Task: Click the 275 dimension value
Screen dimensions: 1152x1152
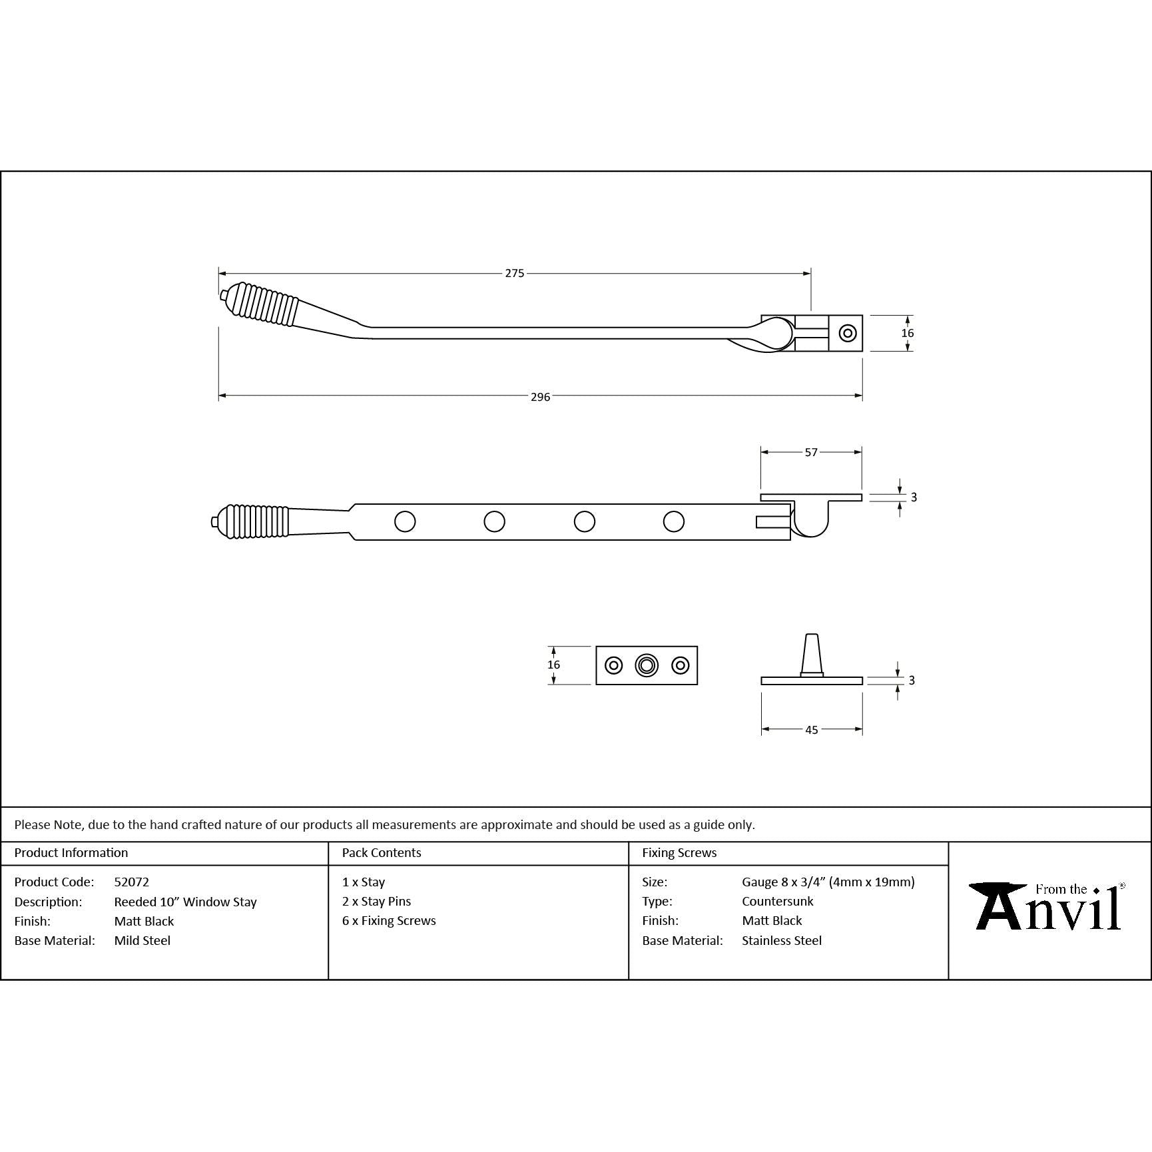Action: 514,273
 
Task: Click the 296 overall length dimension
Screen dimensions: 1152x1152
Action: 540,397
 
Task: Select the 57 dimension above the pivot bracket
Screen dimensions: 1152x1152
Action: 810,452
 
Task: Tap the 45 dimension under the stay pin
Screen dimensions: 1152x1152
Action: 811,730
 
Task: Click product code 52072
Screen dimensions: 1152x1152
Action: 131,882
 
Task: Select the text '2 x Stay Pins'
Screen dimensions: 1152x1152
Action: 376,901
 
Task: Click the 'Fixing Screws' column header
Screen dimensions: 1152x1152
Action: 679,852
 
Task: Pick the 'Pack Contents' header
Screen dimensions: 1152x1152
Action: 382,852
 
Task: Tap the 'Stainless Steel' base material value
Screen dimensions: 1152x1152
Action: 782,940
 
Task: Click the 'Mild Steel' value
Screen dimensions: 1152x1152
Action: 143,940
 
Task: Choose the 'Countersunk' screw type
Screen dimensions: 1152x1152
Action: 778,901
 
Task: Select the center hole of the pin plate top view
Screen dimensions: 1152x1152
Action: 647,665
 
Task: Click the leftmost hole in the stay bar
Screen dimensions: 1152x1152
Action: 405,521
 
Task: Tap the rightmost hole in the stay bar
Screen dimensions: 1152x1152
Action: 674,521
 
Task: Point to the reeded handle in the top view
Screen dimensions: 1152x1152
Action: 263,306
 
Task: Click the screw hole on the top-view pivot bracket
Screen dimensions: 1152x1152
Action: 848,333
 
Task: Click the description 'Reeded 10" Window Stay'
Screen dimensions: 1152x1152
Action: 185,902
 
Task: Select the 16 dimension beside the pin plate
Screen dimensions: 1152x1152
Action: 553,665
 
